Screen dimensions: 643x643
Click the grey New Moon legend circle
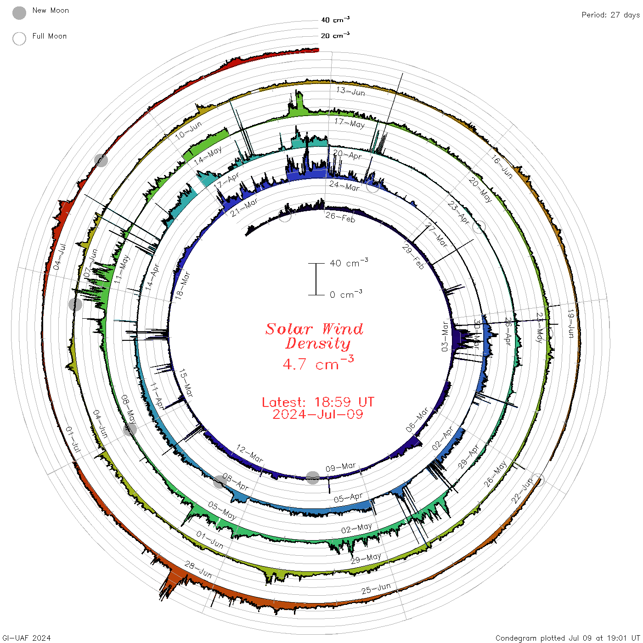[19, 13]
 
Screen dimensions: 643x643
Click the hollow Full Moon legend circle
[19, 39]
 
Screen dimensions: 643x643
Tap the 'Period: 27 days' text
[611, 15]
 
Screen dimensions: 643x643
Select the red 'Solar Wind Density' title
[314, 336]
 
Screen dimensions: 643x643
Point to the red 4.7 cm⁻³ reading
[318, 363]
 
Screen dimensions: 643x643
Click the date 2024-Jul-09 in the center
[318, 414]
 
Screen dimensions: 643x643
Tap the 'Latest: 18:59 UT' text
[318, 402]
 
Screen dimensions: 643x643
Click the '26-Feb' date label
[340, 217]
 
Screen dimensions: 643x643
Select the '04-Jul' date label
[60, 257]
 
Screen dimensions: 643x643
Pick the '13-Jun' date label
[351, 91]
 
